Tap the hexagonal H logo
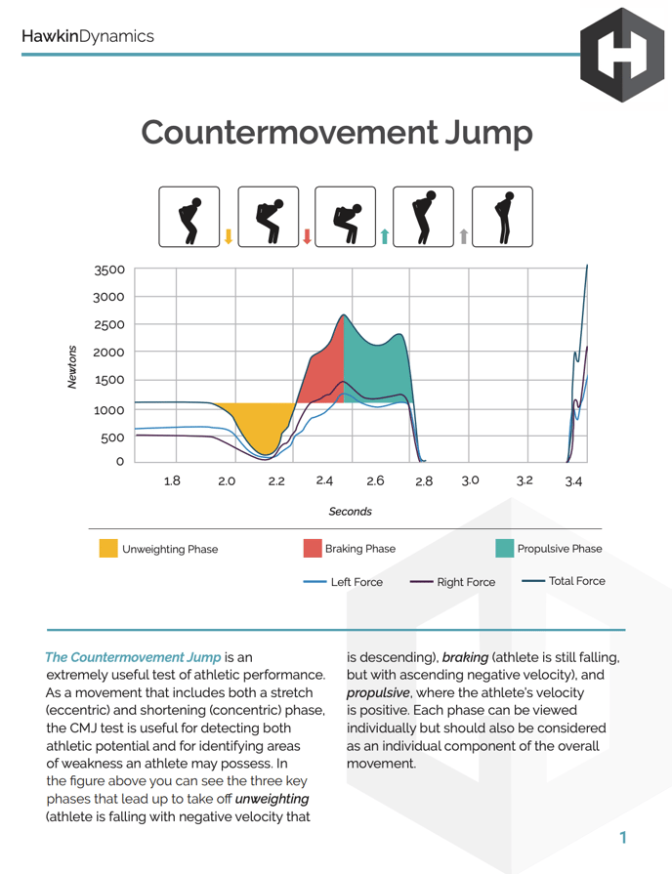621,55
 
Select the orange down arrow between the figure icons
229,235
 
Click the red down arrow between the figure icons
308,235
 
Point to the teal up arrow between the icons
385,235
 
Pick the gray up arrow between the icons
464,235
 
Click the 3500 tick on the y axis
109,270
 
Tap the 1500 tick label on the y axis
109,380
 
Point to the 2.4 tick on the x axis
325,480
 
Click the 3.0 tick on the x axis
471,480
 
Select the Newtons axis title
71,366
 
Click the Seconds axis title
350,511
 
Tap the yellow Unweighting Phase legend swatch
108,549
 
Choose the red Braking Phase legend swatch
313,549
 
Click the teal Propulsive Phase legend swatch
504,549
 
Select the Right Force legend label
466,582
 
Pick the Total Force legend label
576,581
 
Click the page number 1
622,837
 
